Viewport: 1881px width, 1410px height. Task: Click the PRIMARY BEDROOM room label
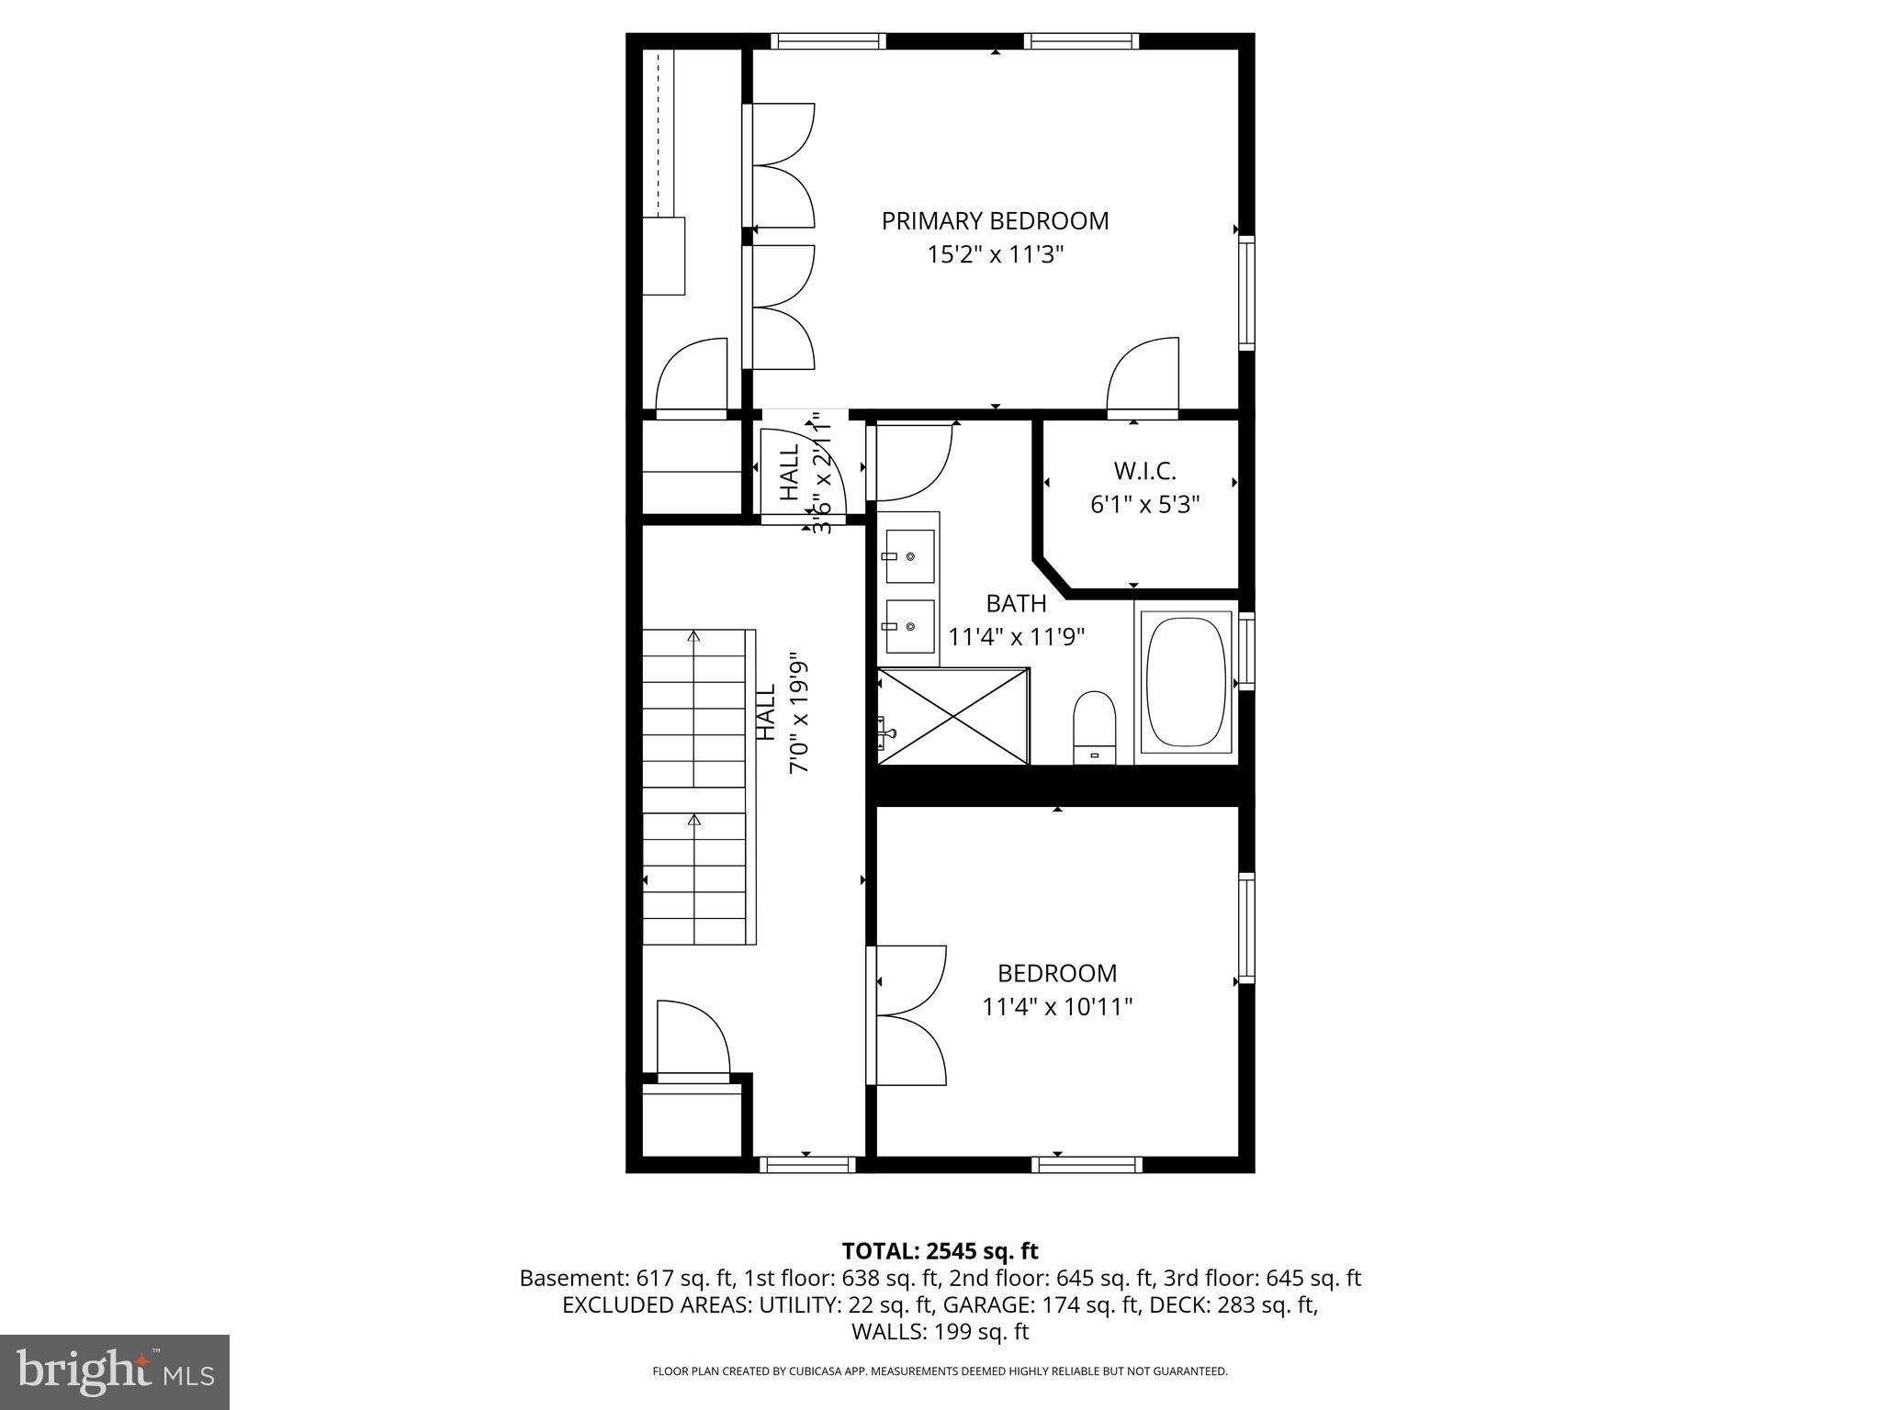coord(995,221)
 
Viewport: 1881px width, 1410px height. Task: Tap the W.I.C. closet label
coord(1144,471)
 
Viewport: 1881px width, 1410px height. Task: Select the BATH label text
coord(1016,604)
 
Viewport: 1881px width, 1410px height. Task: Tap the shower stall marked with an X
coord(953,716)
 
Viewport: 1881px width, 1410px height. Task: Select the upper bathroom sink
coord(909,557)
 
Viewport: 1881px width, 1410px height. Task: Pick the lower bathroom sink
coord(909,626)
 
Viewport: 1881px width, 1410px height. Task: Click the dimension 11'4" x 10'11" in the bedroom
coord(1057,1007)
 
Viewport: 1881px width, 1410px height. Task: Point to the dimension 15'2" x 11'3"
coord(995,254)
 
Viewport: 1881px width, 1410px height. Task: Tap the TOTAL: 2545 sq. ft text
coord(940,1250)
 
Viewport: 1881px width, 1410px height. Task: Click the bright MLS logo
coord(115,1372)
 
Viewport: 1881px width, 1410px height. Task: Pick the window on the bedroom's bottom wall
coord(1087,1164)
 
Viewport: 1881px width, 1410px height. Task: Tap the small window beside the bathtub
coord(1246,650)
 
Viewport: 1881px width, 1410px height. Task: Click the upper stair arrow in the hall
coord(694,636)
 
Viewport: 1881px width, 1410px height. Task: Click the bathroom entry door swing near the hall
coord(911,461)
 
